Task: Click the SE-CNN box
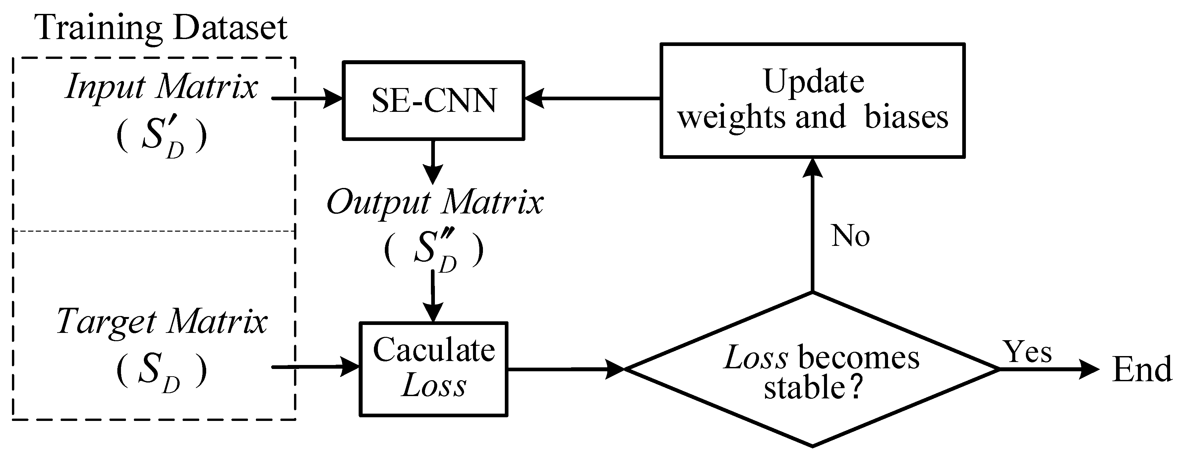433,100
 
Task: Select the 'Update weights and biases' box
812,100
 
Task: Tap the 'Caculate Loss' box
433,369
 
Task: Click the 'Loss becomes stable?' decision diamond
812,369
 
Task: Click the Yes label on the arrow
1028,352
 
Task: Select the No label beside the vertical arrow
850,237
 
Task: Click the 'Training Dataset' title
161,27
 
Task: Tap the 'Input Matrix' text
161,87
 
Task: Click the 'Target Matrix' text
161,322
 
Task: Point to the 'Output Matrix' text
434,202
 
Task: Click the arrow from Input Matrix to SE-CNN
307,98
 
